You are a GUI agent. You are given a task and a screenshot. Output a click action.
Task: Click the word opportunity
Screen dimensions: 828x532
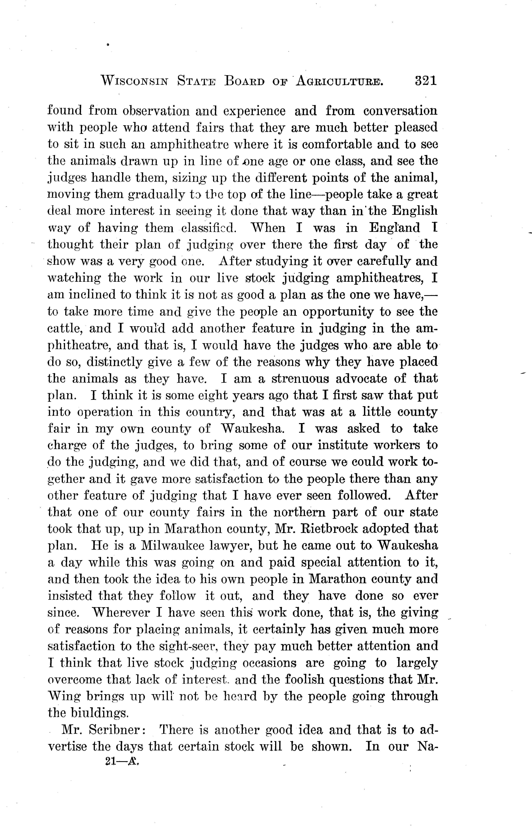(x=338, y=312)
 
